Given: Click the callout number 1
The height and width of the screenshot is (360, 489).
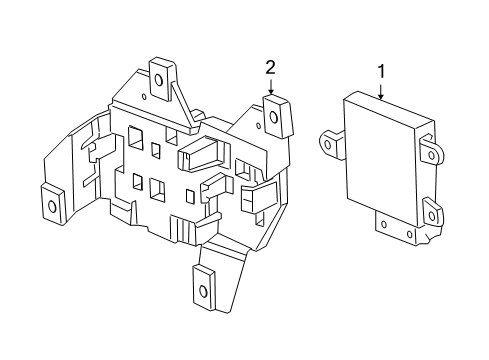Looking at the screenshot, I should click(x=380, y=71).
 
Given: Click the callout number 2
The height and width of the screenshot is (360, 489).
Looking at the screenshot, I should click(x=270, y=68).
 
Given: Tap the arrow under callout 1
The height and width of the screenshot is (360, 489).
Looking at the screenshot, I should click(x=380, y=91).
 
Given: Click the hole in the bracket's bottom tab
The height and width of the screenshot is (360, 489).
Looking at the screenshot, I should click(x=203, y=292).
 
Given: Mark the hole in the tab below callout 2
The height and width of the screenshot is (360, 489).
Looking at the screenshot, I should click(x=274, y=118).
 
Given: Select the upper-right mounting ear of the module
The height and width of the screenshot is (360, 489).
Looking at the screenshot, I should click(x=431, y=151).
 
